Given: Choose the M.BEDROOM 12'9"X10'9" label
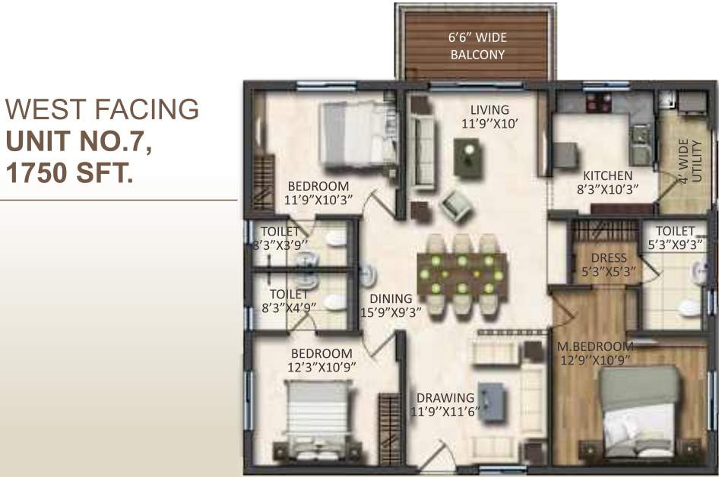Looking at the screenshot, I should click(x=594, y=352).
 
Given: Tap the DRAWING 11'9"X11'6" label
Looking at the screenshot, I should click(x=445, y=405).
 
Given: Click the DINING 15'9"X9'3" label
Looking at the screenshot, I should click(x=391, y=305).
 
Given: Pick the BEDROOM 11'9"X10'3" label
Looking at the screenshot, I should click(x=317, y=194).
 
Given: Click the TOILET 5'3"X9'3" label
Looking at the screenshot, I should click(x=675, y=237).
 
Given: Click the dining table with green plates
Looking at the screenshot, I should click(x=461, y=273).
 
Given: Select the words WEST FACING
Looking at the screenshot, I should click(x=102, y=110).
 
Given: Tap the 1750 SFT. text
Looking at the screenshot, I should click(x=69, y=173).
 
